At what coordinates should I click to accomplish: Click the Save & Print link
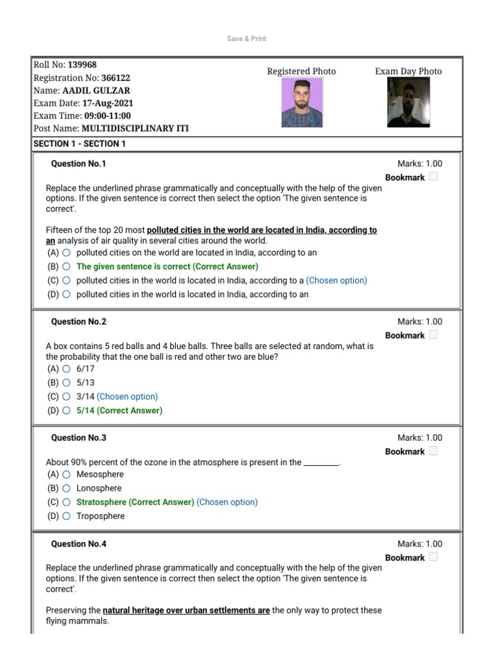click(x=246, y=38)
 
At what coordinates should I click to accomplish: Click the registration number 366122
click(x=116, y=78)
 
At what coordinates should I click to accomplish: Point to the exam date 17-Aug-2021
click(x=108, y=103)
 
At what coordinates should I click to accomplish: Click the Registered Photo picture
click(x=302, y=103)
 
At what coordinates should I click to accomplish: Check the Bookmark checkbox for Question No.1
click(x=433, y=177)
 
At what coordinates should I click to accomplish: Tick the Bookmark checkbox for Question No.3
click(x=433, y=451)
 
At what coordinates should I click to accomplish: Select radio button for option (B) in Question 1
click(x=66, y=267)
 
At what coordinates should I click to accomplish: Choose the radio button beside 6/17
click(x=66, y=369)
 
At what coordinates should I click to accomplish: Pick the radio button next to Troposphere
click(x=66, y=516)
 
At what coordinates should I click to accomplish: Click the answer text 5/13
click(x=85, y=382)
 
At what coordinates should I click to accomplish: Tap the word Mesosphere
click(x=100, y=474)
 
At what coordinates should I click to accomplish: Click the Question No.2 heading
click(x=78, y=321)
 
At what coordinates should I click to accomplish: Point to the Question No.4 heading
click(x=78, y=544)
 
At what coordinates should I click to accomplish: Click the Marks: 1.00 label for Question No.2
click(x=420, y=321)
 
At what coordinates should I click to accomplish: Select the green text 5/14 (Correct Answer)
click(x=119, y=411)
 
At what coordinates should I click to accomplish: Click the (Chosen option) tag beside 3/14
click(x=127, y=397)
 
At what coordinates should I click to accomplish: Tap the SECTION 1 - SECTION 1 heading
click(x=80, y=144)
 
